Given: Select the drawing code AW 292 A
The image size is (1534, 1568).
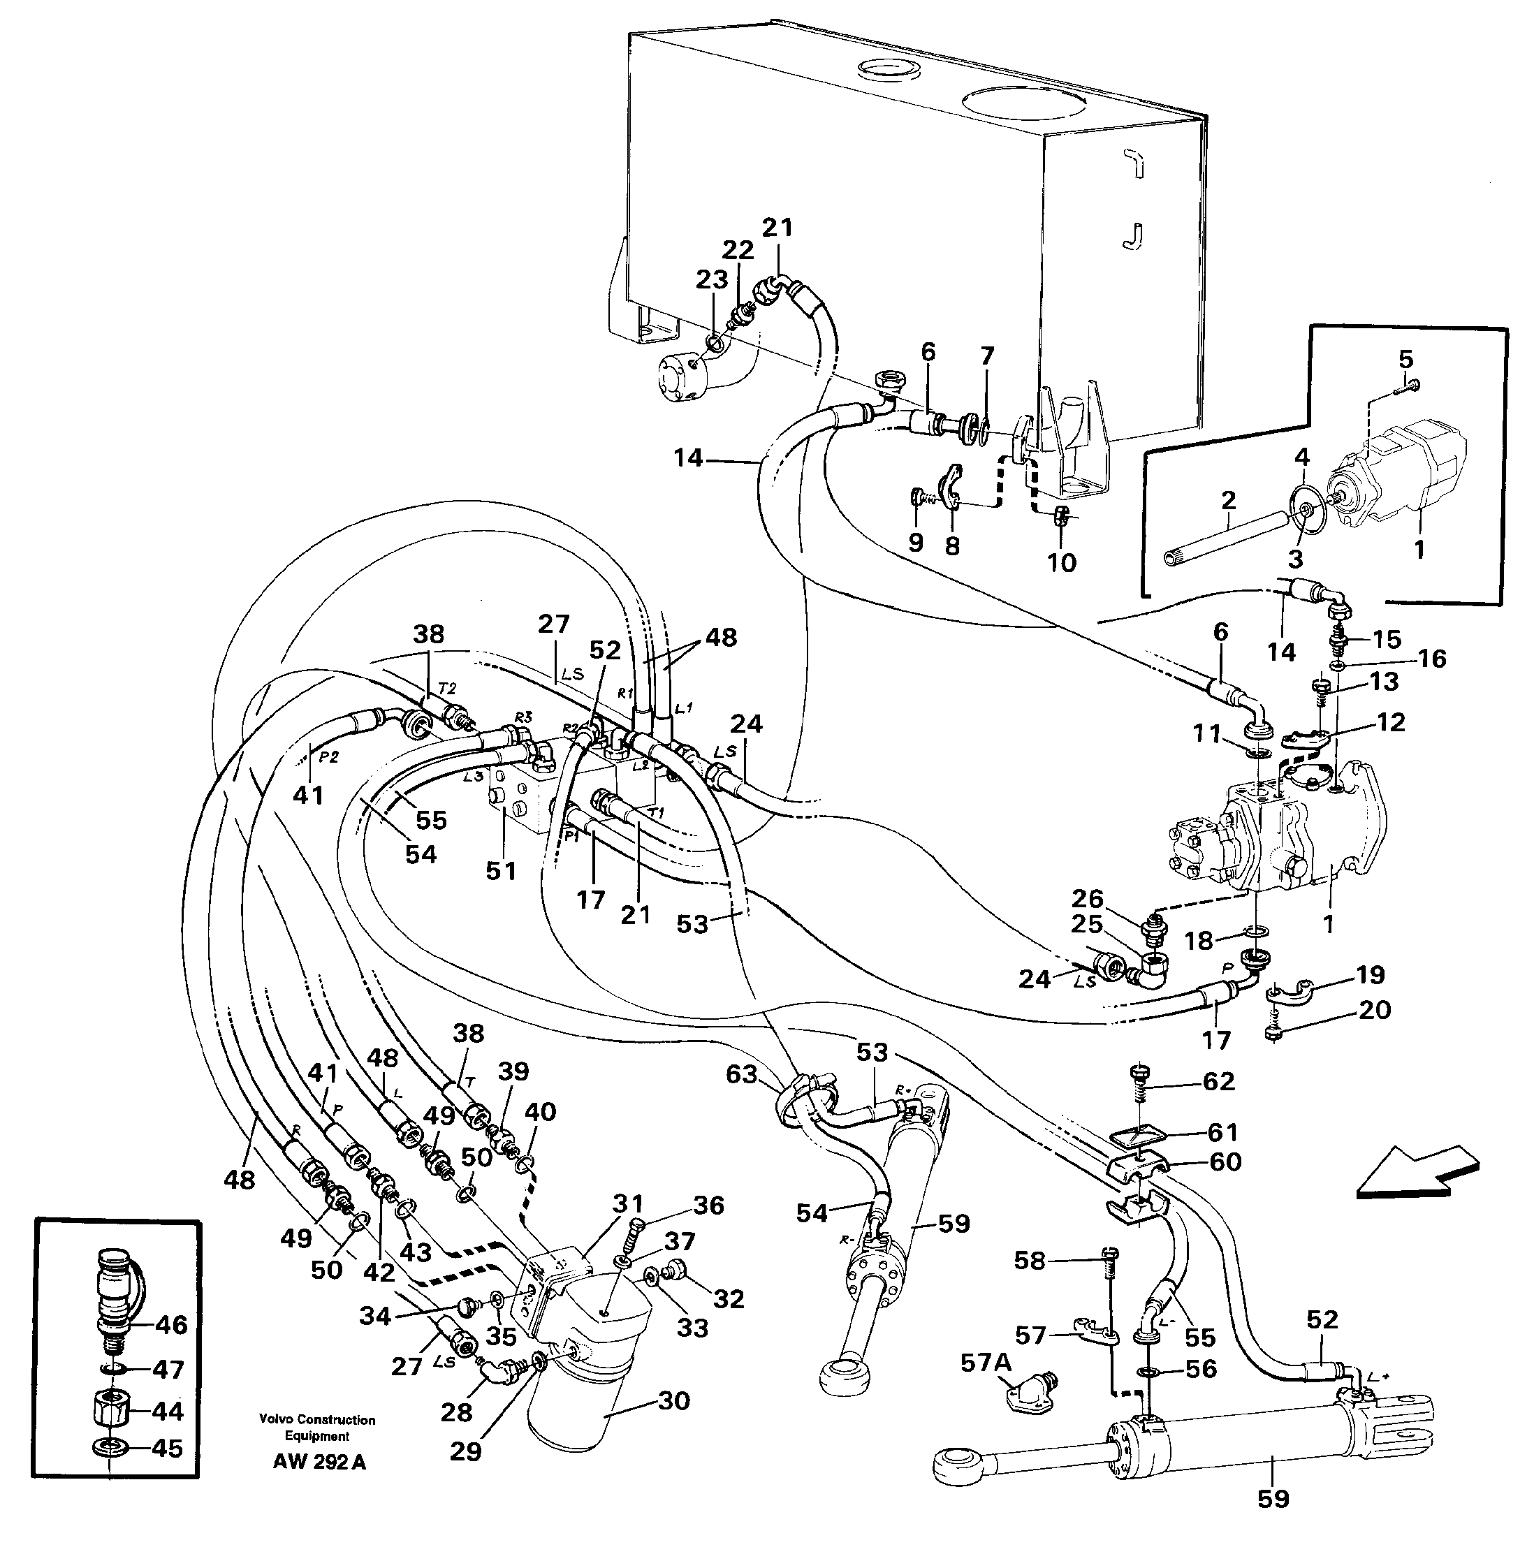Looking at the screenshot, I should point(319,1463).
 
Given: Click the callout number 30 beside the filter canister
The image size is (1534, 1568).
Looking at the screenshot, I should point(673,1400).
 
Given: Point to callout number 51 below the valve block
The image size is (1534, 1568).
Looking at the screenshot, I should point(500,871).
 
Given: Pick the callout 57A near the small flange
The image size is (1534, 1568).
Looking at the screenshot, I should point(986,1363).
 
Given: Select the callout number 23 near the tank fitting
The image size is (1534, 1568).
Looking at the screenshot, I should point(711,279).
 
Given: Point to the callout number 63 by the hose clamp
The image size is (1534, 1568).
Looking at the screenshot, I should point(741,1074).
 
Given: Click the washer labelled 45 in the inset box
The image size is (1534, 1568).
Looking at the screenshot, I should point(105,1448).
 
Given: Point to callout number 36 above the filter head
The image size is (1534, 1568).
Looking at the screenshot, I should point(709,1206).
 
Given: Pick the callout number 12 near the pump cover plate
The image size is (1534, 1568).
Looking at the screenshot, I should point(1390,722).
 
